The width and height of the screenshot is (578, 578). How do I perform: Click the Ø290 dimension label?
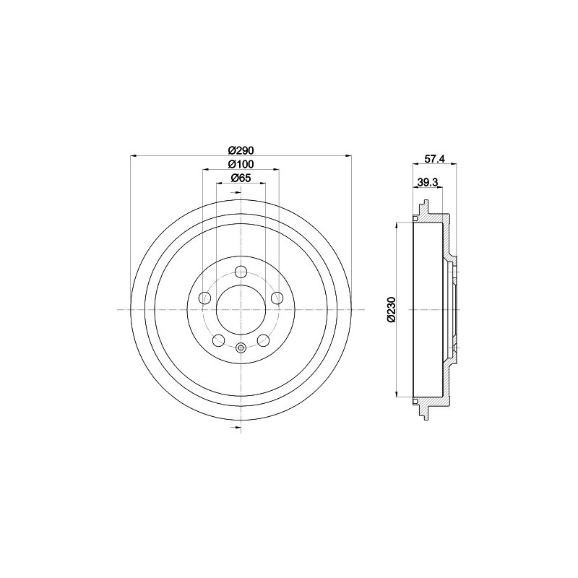(x=240, y=150)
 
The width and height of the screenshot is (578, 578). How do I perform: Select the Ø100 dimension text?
(x=240, y=164)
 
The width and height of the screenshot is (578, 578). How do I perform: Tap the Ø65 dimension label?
(x=240, y=178)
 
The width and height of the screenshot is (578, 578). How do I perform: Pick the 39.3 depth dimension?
(x=428, y=183)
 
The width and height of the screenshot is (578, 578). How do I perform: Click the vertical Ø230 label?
(x=391, y=309)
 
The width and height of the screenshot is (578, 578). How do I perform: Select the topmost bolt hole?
(x=241, y=272)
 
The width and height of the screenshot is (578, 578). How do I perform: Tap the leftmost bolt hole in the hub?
(x=205, y=298)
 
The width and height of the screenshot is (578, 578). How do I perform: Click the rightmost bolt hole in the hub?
(x=276, y=298)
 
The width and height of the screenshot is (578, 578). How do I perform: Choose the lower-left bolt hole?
(x=219, y=340)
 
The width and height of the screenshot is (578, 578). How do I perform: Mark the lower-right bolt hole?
(x=262, y=340)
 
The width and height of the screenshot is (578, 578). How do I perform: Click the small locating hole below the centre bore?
(x=241, y=348)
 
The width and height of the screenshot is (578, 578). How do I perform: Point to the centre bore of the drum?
(x=241, y=309)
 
